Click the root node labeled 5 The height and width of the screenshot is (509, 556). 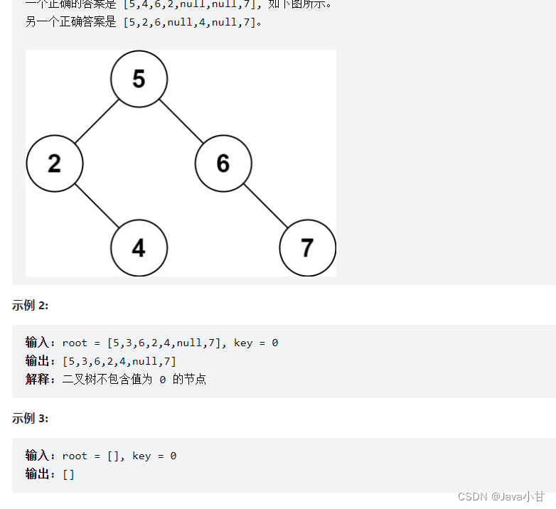[x=139, y=79]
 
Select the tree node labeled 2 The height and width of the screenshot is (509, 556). [x=55, y=164]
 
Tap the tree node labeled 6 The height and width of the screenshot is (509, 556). [x=223, y=164]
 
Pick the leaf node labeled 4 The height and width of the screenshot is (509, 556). [x=139, y=248]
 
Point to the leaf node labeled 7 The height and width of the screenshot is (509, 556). [x=307, y=248]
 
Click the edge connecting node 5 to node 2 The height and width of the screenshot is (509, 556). [x=97, y=121]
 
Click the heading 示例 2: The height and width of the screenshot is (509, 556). [x=30, y=306]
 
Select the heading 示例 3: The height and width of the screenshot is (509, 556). [x=30, y=419]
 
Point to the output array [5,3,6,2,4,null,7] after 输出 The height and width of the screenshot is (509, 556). [x=119, y=361]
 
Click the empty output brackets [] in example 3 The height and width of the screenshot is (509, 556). [x=68, y=474]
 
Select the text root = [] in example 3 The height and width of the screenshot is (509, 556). [x=92, y=456]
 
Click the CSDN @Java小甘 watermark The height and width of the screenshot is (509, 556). [x=501, y=496]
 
